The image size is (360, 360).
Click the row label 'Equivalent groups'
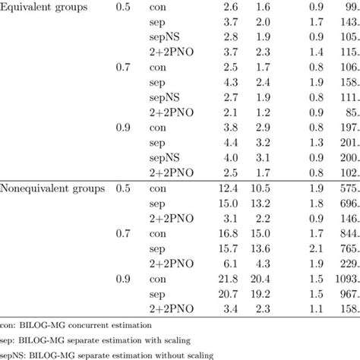(x=45, y=7)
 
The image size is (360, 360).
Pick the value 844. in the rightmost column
(x=346, y=234)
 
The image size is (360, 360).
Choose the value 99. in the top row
(x=349, y=7)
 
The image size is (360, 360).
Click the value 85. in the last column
(x=349, y=112)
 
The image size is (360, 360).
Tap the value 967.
(x=346, y=293)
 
